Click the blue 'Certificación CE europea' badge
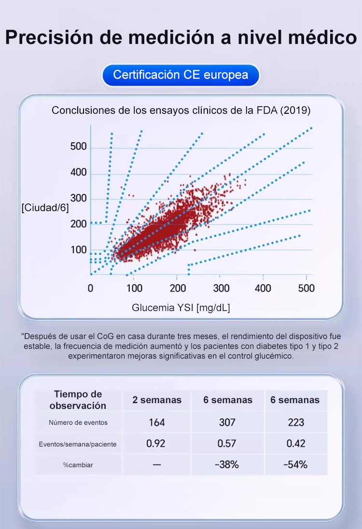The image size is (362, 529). tap(181, 75)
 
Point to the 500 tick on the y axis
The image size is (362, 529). tap(78, 147)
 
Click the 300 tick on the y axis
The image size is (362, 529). tap(78, 199)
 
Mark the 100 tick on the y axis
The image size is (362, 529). tap(78, 250)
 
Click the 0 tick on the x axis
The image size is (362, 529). tap(91, 288)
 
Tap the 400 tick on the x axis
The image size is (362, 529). tap(263, 288)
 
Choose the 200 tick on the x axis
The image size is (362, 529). tap(177, 288)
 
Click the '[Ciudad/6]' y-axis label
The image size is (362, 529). tap(45, 208)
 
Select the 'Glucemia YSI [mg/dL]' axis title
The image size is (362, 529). tap(181, 308)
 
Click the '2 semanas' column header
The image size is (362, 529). tap(157, 400)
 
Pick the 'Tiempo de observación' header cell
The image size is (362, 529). tap(78, 400)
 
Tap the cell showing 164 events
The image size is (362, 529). tap(157, 422)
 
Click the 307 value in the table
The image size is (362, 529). tap(227, 422)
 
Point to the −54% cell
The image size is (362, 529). tap(295, 465)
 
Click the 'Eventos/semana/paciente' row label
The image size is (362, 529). tap(78, 444)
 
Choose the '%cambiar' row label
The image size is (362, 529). tap(78, 465)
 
